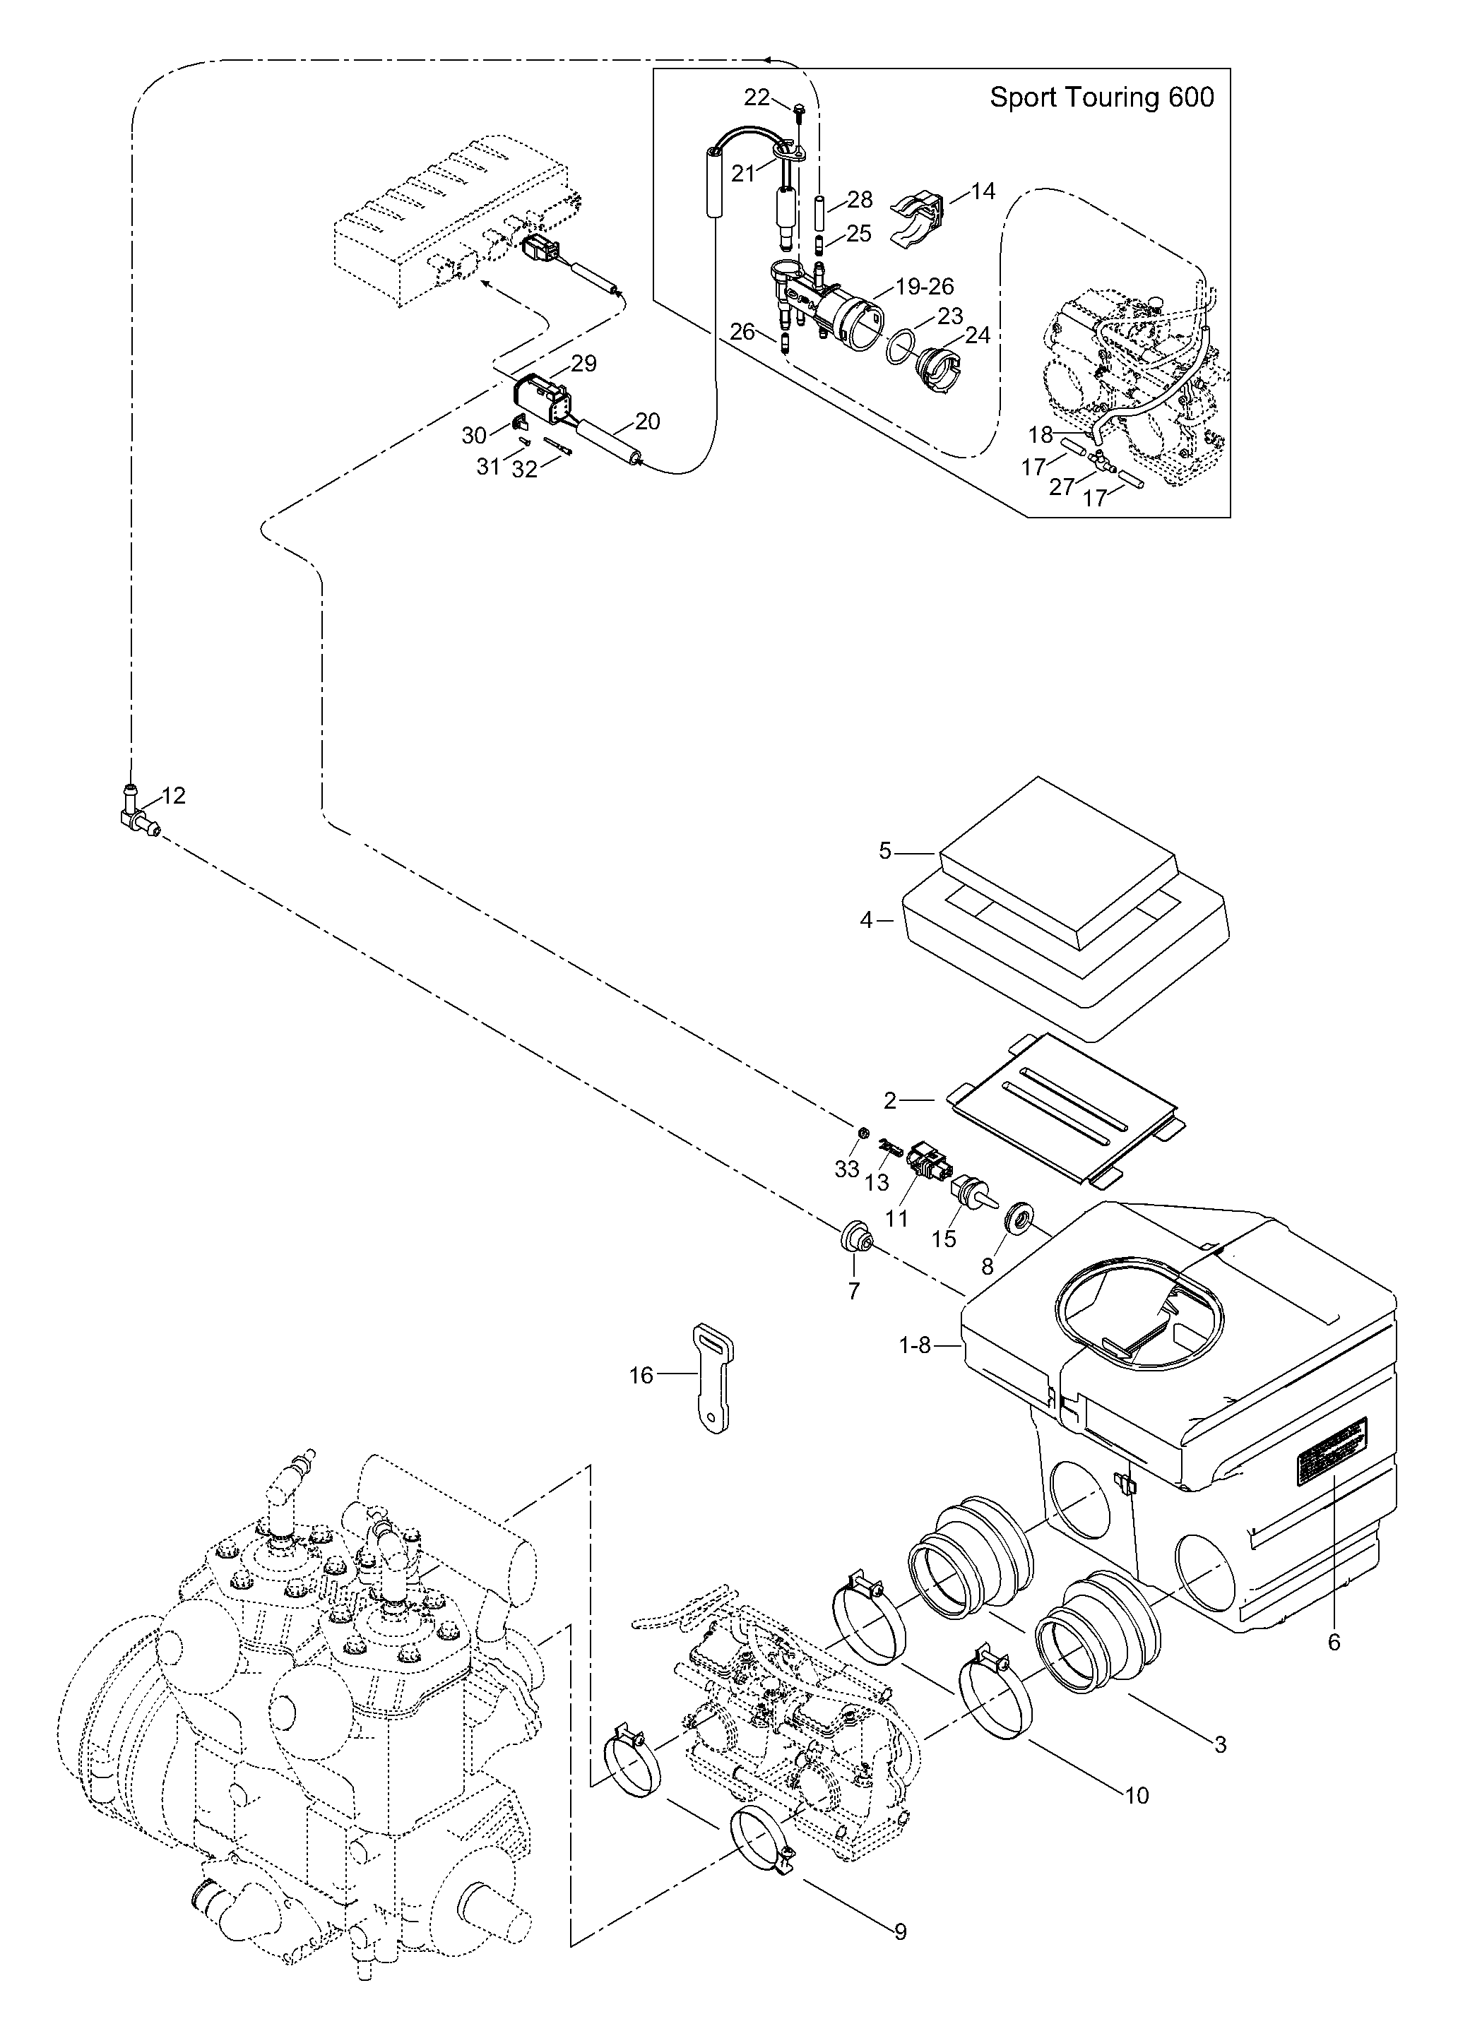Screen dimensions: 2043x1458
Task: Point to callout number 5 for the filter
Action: (x=885, y=850)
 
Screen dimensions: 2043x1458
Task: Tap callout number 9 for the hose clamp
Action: (x=901, y=1950)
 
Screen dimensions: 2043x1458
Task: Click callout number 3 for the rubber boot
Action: (x=1220, y=1745)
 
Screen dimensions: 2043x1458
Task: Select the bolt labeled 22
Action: (x=798, y=113)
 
